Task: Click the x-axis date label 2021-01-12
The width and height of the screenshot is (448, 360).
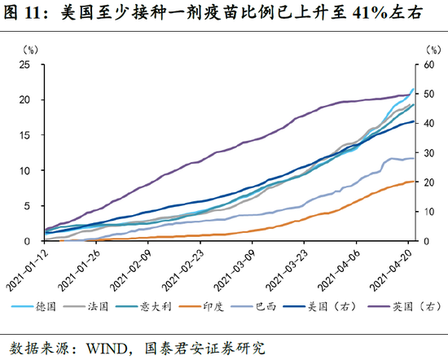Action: point(29,267)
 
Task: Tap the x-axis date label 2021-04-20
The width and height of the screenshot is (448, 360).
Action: point(391,267)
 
